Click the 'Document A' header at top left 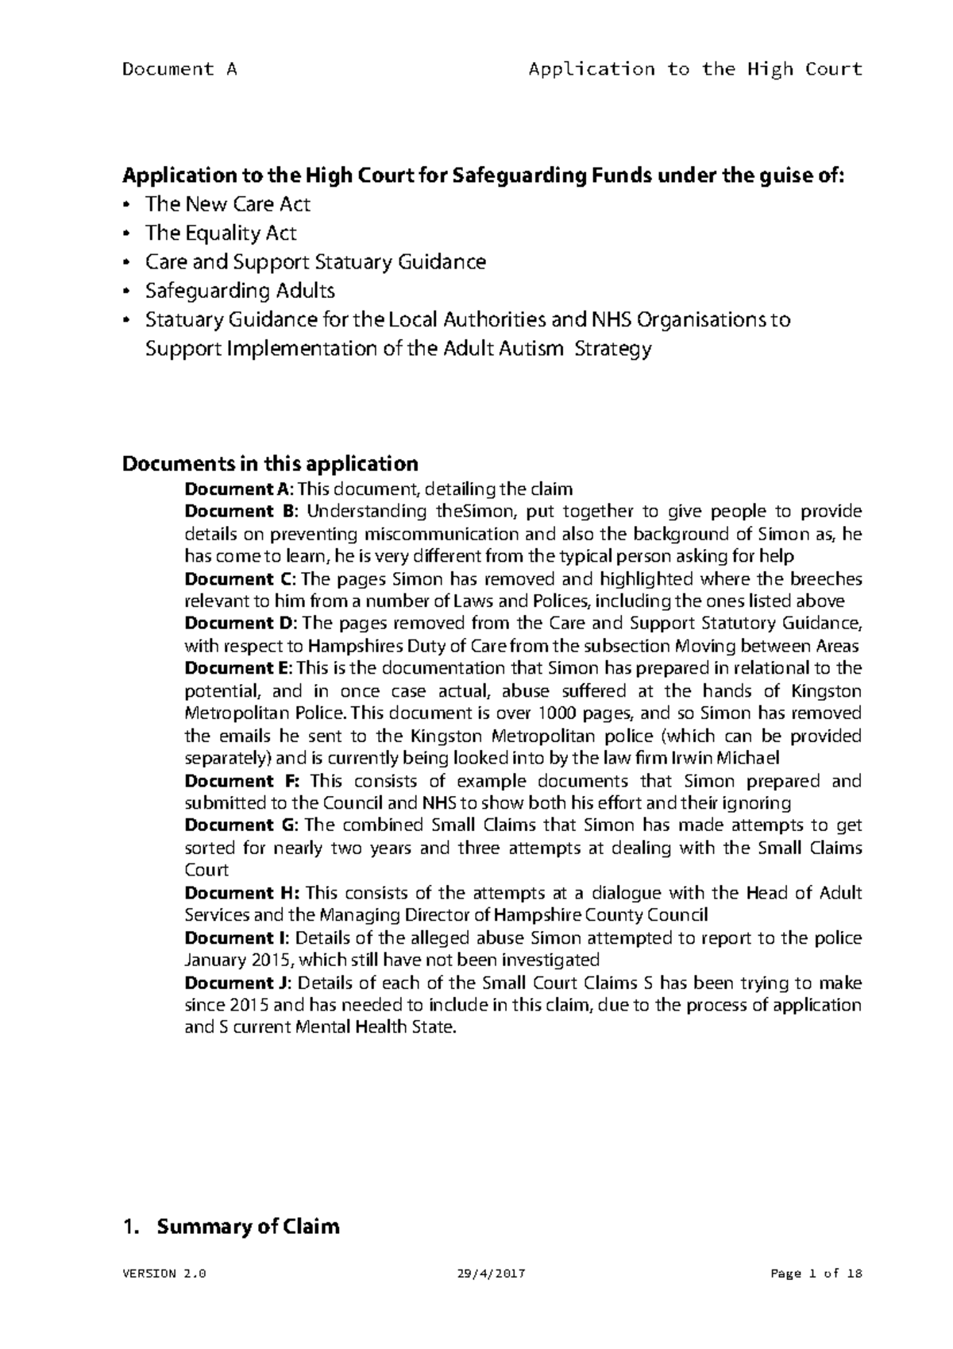pyautogui.click(x=179, y=69)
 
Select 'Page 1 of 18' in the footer pyautogui.click(x=816, y=1274)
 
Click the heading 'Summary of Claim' pyautogui.click(x=248, y=1227)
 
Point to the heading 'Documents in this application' pyautogui.click(x=269, y=464)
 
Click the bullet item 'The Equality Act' pyautogui.click(x=221, y=234)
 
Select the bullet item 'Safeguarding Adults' pyautogui.click(x=239, y=291)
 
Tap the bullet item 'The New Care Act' pyautogui.click(x=227, y=205)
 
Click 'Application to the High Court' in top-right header pyautogui.click(x=696, y=69)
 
